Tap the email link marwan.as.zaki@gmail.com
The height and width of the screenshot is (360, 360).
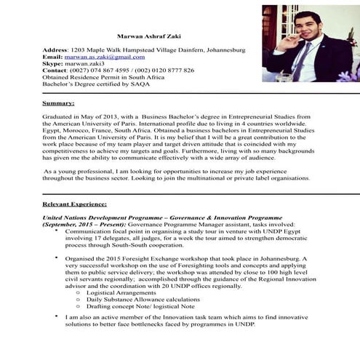[104, 56]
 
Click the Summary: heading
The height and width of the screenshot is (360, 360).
[58, 103]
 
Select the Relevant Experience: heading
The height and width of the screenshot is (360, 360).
[75, 205]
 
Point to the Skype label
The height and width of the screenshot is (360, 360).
[53, 63]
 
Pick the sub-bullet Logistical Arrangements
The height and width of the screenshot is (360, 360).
[122, 293]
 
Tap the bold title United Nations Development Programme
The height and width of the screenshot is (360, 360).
[99, 218]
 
